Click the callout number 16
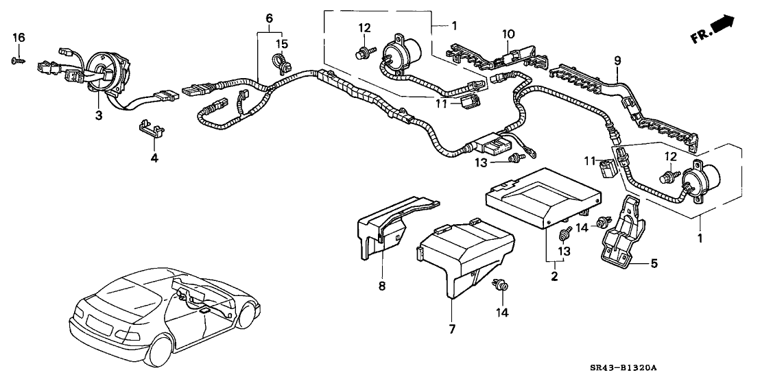[x=20, y=37]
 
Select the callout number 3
[x=99, y=115]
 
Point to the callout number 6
[x=269, y=16]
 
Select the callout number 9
[x=617, y=61]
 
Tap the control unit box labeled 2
[x=542, y=195]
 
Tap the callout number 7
[x=452, y=330]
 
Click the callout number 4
[x=154, y=158]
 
